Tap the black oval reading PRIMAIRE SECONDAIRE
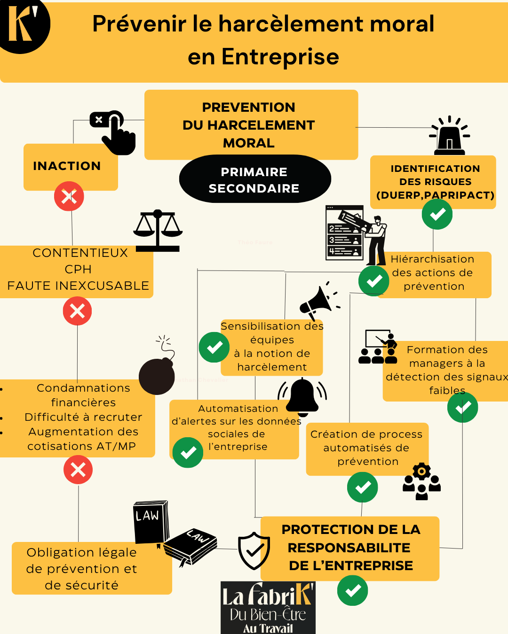pyautogui.click(x=255, y=179)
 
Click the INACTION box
pyautogui.click(x=71, y=166)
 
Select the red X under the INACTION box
pyautogui.click(x=69, y=196)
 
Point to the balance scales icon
pyautogui.click(x=158, y=231)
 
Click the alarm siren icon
pyautogui.click(x=450, y=136)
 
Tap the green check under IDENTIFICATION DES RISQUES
pyautogui.click(x=437, y=214)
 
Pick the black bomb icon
pyautogui.click(x=158, y=373)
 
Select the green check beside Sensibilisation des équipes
pyautogui.click(x=214, y=348)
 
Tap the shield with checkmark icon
pyautogui.click(x=254, y=550)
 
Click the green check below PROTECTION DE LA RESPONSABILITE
pyautogui.click(x=352, y=590)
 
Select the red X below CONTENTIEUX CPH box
pyautogui.click(x=77, y=311)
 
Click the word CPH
pyautogui.click(x=78, y=269)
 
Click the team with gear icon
pyautogui.click(x=421, y=481)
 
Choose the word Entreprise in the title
pyautogui.click(x=280, y=57)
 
